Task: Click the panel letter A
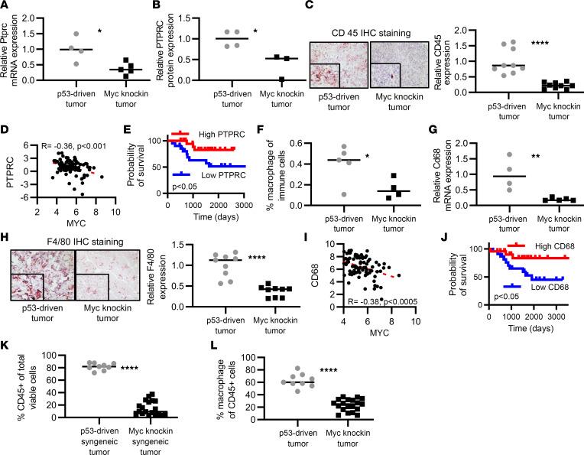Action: [5, 6]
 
